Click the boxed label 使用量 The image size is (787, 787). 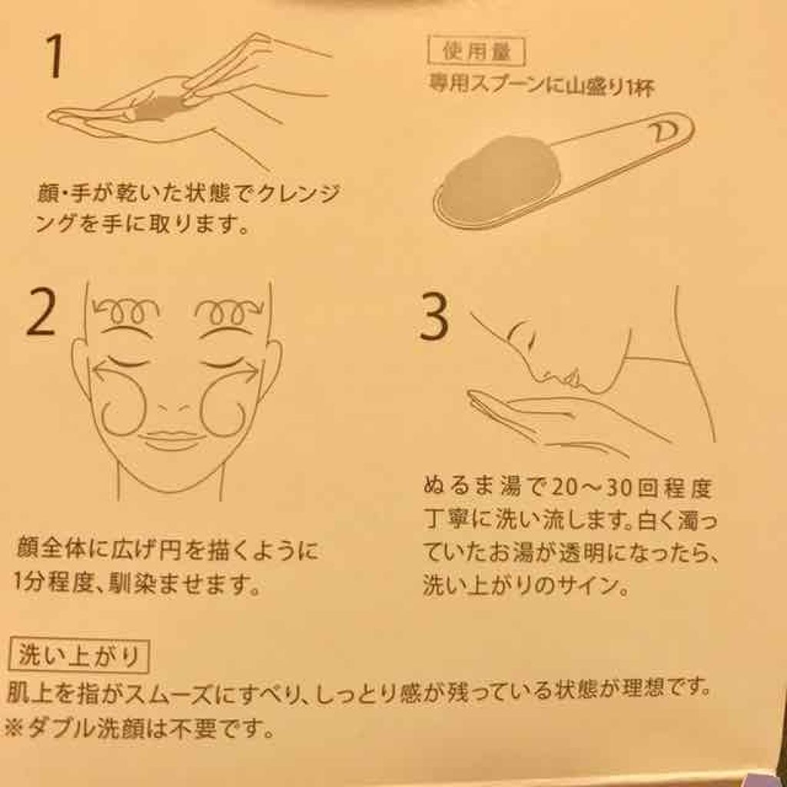476,52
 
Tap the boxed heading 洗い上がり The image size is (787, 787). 79,656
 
